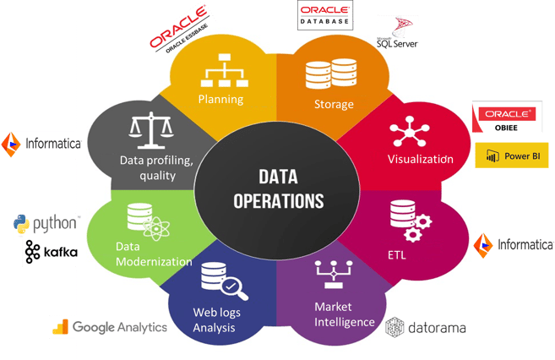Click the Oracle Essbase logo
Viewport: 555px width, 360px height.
coord(179,30)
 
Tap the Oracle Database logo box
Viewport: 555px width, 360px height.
coord(325,15)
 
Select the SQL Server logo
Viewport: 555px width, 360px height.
coord(398,33)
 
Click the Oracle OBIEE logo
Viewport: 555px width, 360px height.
coord(507,117)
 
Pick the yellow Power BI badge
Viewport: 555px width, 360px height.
coord(511,155)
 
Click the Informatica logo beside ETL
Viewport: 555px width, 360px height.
coord(514,245)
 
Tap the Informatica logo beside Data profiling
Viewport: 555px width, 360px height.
coord(41,144)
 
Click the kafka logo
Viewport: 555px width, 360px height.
coord(52,252)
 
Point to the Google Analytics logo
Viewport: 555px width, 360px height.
coord(110,327)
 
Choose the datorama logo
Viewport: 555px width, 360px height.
coord(426,327)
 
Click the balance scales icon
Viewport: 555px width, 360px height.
coord(151,130)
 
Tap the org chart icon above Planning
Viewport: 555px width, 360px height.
coord(225,70)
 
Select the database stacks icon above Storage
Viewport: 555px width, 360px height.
coord(331,74)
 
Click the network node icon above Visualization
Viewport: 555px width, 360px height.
coord(410,131)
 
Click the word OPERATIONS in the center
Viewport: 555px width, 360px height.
coord(279,201)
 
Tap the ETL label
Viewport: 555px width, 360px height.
coord(396,255)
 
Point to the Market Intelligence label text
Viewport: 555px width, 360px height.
coord(345,314)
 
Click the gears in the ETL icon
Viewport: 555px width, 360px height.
coord(418,228)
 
